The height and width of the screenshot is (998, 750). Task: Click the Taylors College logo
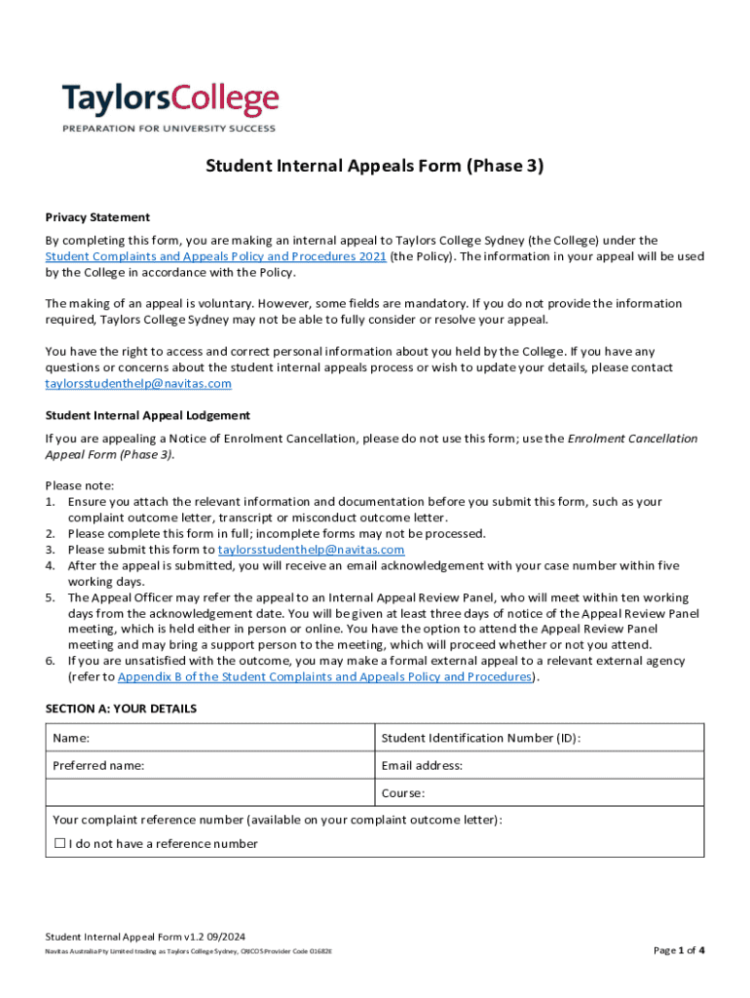170,100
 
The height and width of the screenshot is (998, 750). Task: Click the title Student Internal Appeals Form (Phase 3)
374,166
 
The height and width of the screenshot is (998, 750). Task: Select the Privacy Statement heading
97,217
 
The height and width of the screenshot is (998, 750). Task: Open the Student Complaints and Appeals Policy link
215,256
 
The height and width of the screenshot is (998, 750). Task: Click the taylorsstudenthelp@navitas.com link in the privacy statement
138,384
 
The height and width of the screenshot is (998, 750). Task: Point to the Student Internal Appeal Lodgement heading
147,415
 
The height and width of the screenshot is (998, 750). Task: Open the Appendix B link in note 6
323,676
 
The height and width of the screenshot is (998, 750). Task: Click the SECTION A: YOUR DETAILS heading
121,709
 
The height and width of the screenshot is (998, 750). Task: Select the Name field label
71,738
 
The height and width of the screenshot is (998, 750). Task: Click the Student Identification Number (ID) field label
481,738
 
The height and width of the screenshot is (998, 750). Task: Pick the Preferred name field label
98,766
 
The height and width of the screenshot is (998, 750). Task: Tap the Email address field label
422,766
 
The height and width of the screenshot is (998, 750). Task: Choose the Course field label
404,793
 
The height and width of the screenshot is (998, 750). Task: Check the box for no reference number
60,843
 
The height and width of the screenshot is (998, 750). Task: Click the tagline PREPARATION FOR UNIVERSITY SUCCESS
169,129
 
